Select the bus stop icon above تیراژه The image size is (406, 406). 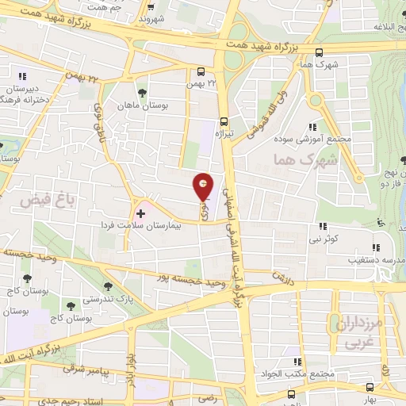coord(224,121)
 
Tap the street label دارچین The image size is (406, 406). coord(283,278)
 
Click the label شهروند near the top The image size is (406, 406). coord(151,16)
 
